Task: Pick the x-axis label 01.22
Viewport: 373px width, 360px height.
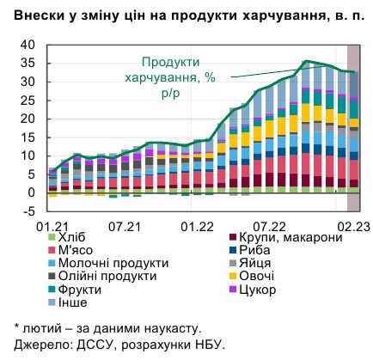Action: pos(199,225)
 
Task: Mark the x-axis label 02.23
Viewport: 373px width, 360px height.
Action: pos(350,225)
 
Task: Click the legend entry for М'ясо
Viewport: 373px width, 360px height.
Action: pos(76,250)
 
